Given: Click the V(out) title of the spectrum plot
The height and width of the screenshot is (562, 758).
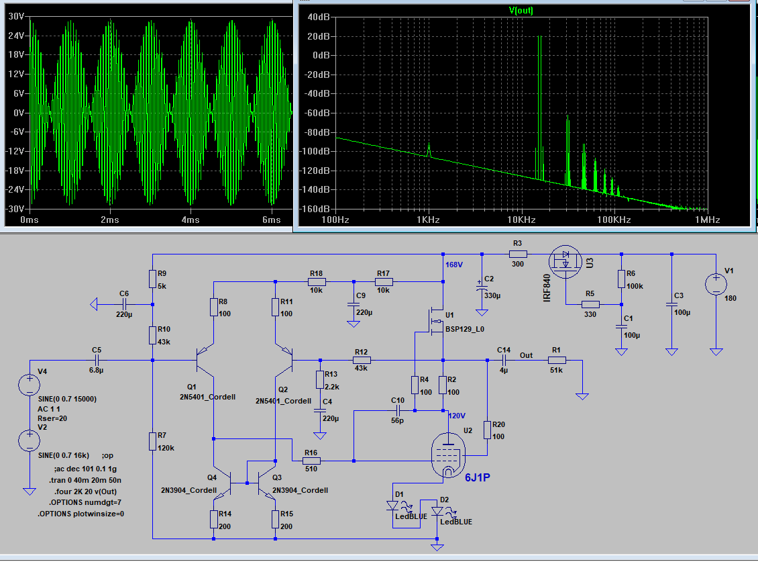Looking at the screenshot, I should [x=521, y=10].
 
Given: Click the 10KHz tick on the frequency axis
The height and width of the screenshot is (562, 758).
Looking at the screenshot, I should [x=521, y=220].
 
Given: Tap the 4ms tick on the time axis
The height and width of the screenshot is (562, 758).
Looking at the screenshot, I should [x=191, y=220].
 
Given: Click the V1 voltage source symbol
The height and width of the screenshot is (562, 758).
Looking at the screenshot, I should [x=716, y=284].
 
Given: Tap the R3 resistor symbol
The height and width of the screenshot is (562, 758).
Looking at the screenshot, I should [x=517, y=254].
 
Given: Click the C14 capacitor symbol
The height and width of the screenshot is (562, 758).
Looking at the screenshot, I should [x=504, y=361].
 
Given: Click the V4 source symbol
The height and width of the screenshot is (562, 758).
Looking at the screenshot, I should [x=29, y=385].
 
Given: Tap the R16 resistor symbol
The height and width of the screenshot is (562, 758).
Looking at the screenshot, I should [x=311, y=461].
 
